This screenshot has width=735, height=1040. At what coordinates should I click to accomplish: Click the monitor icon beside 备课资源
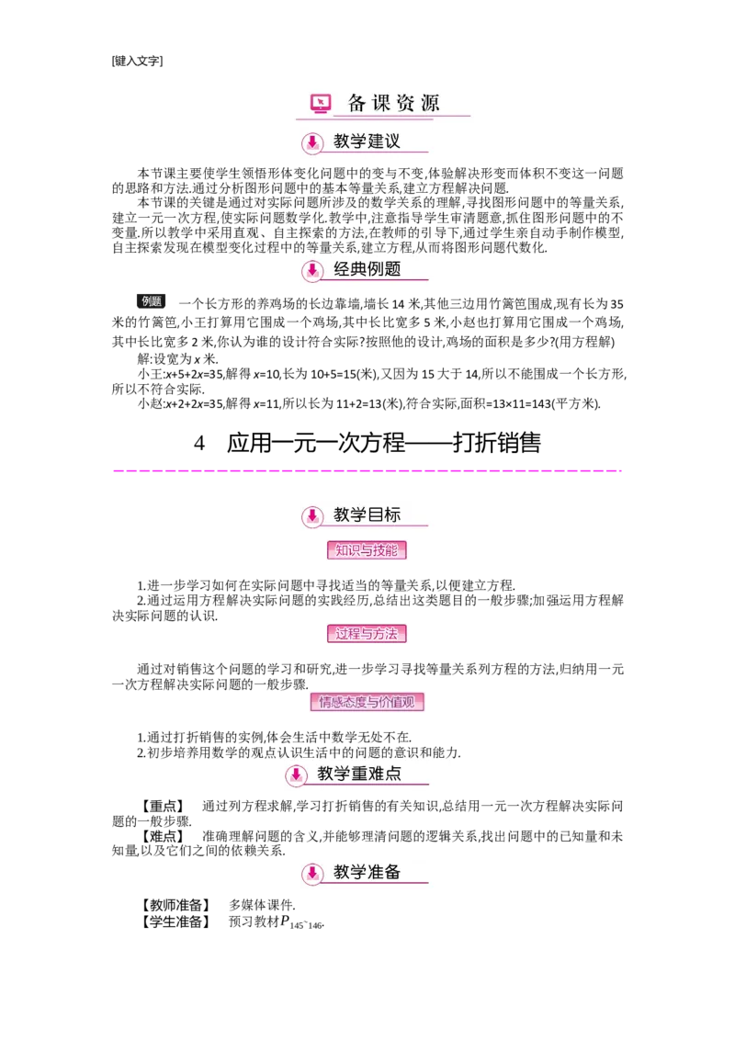pos(320,104)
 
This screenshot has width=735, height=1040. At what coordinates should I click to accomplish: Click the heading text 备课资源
pos(393,103)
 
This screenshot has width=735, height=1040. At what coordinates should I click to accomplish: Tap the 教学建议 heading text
pos(367,141)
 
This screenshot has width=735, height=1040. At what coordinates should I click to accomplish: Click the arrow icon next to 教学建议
pos(312,142)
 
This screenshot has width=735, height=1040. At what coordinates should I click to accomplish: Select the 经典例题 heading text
pos(367,269)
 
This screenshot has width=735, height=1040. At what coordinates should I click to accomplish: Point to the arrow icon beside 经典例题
pos(312,270)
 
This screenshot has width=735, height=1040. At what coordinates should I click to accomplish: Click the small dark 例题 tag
pos(151,300)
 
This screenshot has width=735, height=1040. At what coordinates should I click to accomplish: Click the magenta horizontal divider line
pos(367,470)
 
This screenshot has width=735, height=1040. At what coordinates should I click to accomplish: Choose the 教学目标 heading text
pos(367,514)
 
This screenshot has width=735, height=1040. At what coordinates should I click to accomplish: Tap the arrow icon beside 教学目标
pos(312,516)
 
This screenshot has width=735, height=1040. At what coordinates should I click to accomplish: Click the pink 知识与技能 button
pos(367,551)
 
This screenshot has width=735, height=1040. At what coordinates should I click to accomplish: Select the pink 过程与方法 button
pos(367,633)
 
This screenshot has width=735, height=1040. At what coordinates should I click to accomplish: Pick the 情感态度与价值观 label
pos(367,703)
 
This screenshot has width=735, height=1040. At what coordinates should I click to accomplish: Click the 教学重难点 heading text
pos(359,774)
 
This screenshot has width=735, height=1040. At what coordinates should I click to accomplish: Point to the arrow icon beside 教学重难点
pos(296,775)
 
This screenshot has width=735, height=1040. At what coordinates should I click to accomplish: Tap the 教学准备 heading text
pos(367,872)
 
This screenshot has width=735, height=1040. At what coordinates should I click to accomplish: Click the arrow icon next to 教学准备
pos(312,873)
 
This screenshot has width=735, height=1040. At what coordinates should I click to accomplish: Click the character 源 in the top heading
pos(429,103)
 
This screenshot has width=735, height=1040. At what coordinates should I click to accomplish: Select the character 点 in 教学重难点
pos(392,774)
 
